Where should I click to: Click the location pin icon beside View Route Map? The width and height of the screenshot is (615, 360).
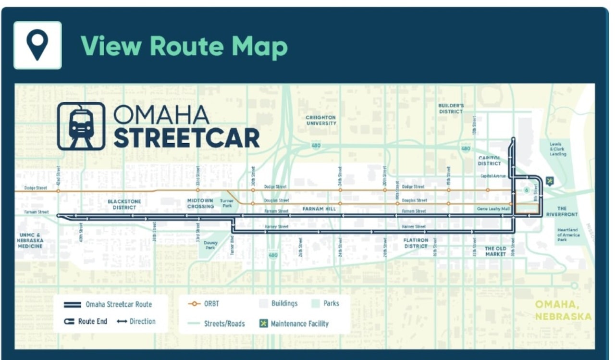pos(37,45)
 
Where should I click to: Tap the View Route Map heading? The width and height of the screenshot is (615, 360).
pos(184,46)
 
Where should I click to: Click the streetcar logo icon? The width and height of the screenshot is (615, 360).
pos(81,126)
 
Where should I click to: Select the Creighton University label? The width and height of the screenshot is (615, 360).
pos(321,120)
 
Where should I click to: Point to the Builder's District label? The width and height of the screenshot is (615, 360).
pos(451,108)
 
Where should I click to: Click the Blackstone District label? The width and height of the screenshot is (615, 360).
pos(124,204)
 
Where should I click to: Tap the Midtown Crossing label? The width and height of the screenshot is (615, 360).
pos(200,203)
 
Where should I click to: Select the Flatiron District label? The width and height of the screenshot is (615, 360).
pos(416,243)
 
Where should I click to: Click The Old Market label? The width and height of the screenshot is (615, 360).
pos(495,251)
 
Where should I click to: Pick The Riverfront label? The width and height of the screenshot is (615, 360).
pos(562,211)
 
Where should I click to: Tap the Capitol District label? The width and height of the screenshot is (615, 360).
pos(489,161)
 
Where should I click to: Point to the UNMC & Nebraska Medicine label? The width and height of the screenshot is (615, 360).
pos(30,240)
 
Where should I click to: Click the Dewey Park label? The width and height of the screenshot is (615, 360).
pos(210,245)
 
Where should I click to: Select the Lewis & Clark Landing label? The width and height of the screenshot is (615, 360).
pos(558,149)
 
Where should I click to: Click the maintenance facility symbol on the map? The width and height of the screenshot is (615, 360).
pos(550,181)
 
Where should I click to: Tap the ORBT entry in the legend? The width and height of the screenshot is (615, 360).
pos(203,304)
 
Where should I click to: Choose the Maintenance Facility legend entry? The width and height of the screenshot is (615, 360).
pos(294,323)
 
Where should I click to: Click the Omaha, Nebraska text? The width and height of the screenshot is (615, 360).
pos(563,310)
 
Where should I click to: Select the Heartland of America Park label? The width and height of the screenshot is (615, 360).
pos(568,235)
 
